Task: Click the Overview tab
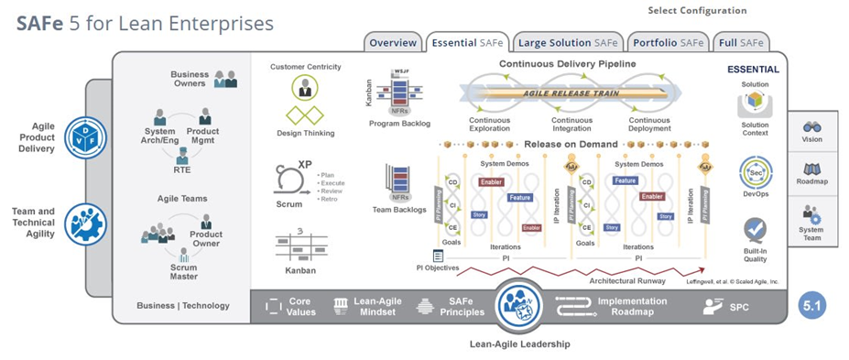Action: tap(393, 42)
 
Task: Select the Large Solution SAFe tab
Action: tap(567, 42)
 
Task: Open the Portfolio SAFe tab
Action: tap(667, 42)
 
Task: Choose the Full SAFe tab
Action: tap(741, 42)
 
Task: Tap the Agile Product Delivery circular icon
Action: tap(85, 137)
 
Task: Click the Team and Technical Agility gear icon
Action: tap(85, 223)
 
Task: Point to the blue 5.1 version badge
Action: tap(811, 305)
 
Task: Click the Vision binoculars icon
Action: tap(811, 127)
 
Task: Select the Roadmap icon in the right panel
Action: tap(811, 169)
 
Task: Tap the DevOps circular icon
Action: tap(756, 171)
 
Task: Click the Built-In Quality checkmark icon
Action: tap(756, 228)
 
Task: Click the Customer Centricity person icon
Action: tap(305, 87)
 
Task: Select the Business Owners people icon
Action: tap(225, 80)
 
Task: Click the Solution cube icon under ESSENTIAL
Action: tap(756, 101)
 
